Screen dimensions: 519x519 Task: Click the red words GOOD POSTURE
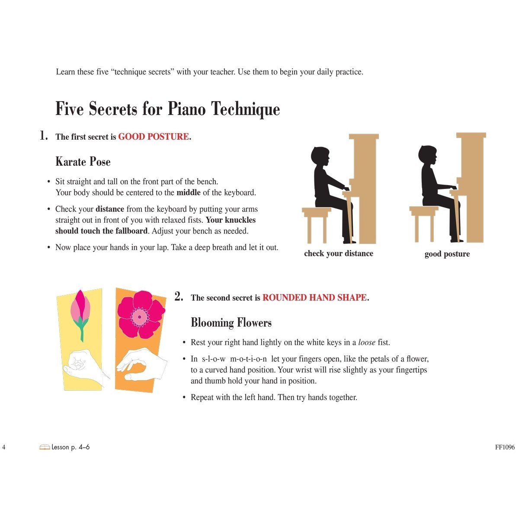click(x=154, y=137)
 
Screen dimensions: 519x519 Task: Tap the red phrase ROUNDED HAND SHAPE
click(x=314, y=297)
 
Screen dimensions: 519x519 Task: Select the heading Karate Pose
click(x=83, y=162)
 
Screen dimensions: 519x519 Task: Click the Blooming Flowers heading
click(x=231, y=323)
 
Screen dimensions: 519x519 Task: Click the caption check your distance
click(x=339, y=253)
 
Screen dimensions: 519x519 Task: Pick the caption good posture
click(x=447, y=254)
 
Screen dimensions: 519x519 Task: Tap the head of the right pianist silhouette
click(x=427, y=154)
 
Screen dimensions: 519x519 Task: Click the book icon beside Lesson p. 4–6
click(x=45, y=447)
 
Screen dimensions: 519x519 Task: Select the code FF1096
click(x=505, y=447)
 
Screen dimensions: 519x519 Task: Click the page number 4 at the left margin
click(x=3, y=447)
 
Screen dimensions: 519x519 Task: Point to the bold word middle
click(x=189, y=192)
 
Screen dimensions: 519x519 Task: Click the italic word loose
click(x=367, y=342)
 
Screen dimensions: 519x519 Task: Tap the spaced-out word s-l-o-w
click(x=214, y=359)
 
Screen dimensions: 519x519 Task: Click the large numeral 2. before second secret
click(x=179, y=296)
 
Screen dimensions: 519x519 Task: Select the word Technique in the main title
click(x=245, y=109)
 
